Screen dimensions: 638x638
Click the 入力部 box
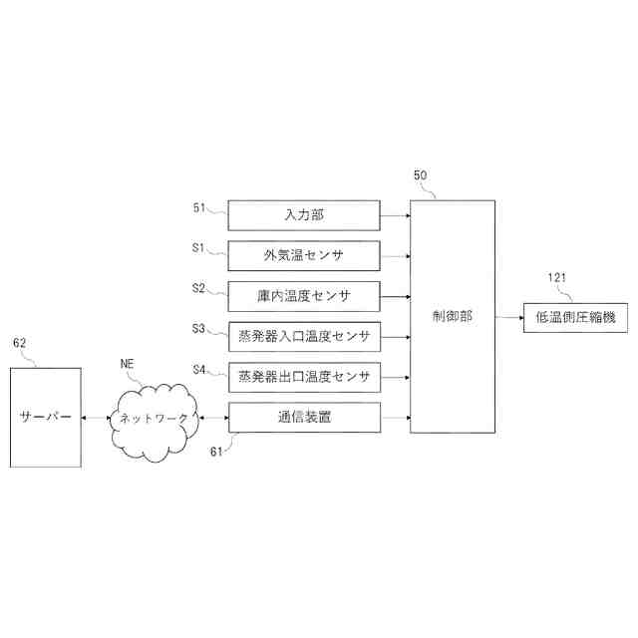304,214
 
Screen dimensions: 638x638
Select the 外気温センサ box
304,255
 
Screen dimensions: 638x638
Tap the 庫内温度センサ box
304,296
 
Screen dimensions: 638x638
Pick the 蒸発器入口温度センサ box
304,337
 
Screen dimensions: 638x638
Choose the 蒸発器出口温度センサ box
304,377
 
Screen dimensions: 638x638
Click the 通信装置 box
304,418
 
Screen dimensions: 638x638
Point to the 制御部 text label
453,316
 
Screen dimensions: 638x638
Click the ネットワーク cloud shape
154,420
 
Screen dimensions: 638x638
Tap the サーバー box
47,418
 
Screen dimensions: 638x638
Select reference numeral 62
19,343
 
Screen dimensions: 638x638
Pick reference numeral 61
215,452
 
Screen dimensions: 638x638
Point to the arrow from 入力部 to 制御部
395,214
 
